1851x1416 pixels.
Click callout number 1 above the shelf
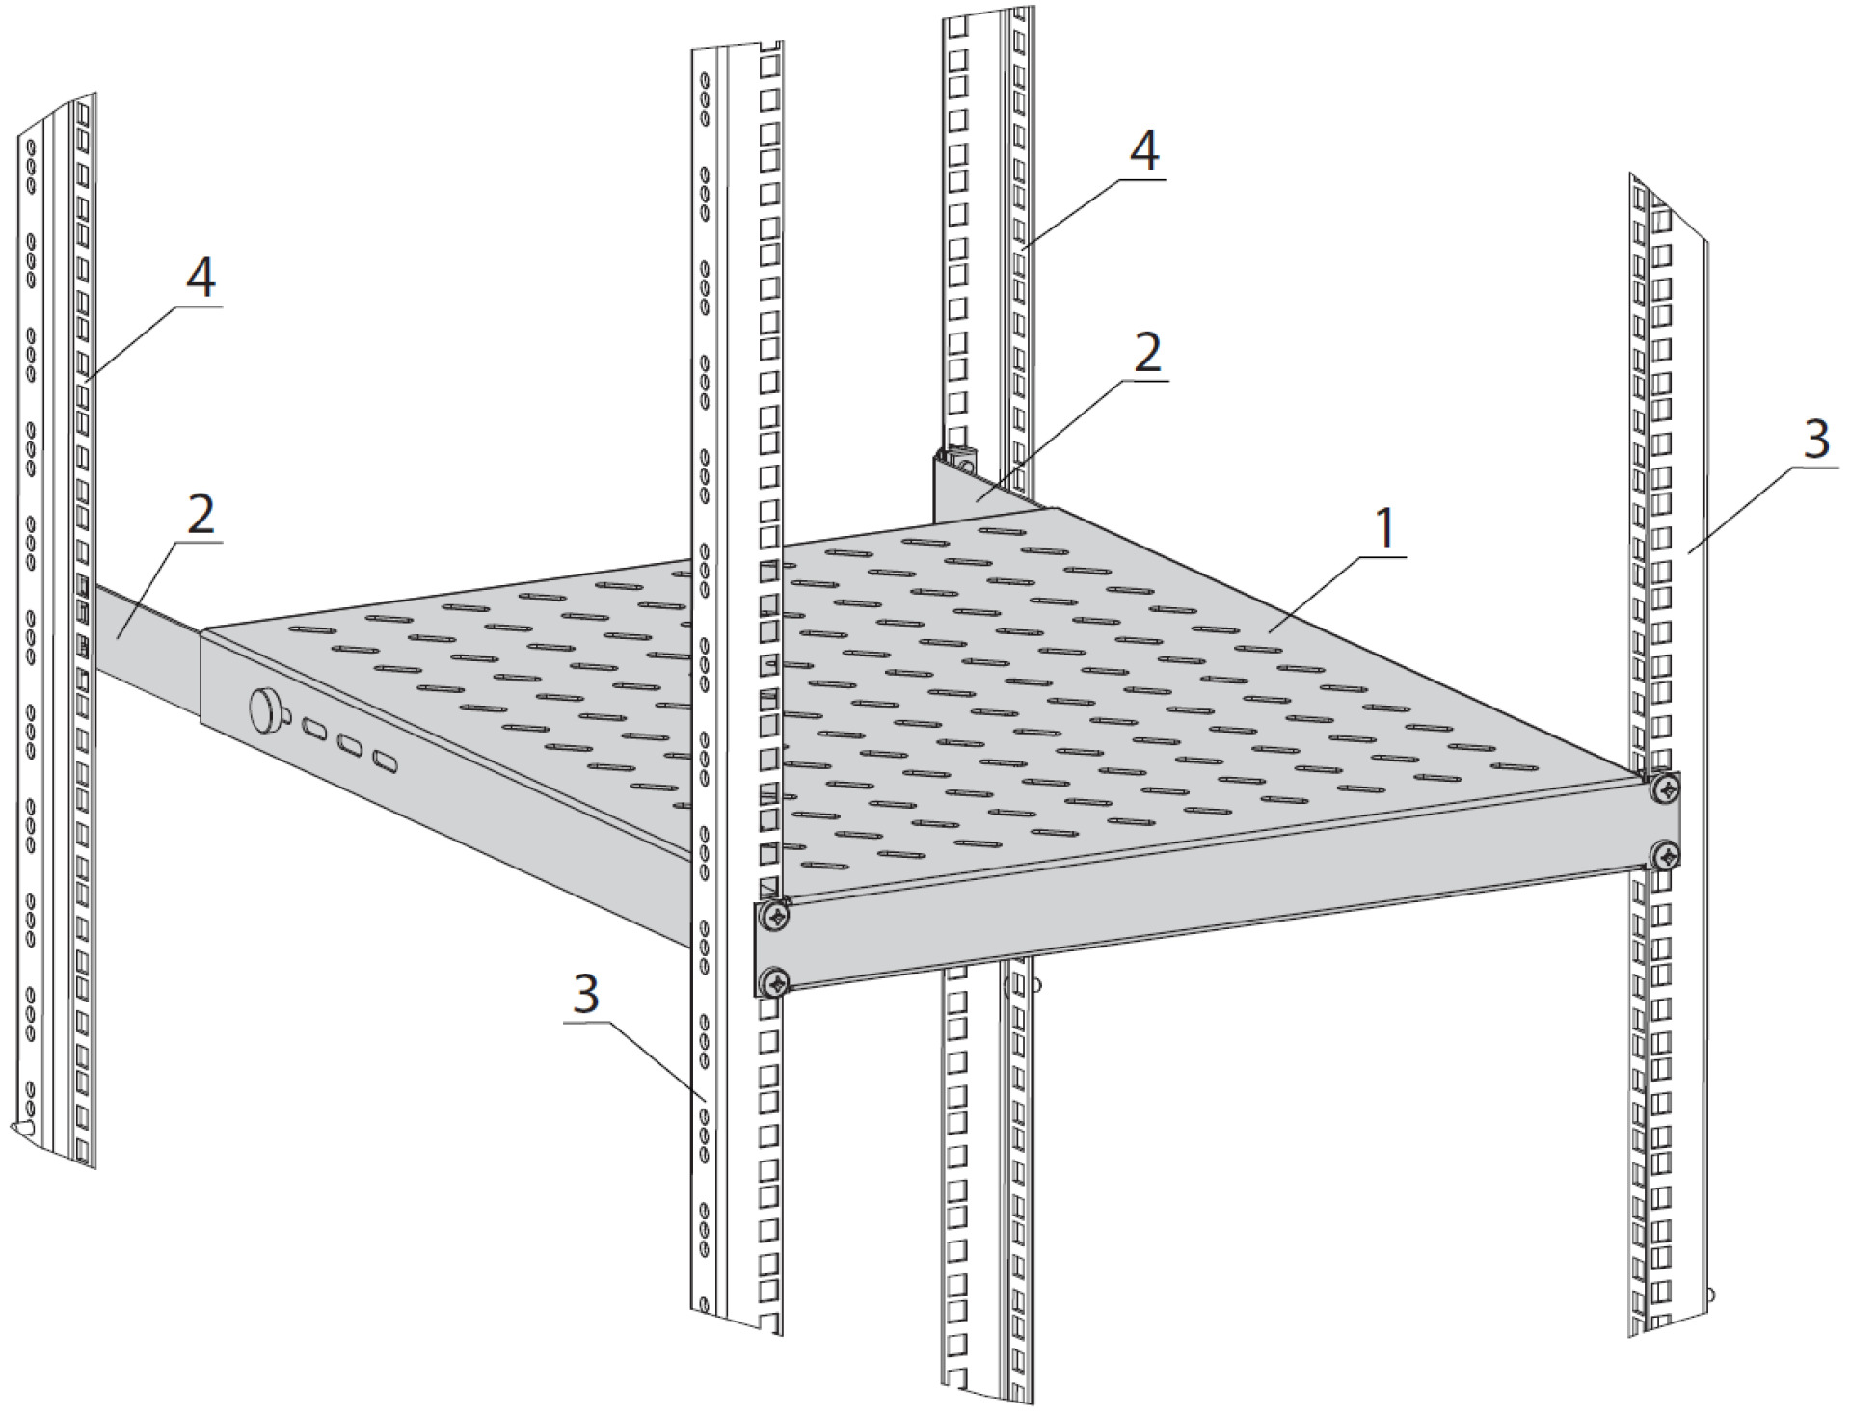coord(1384,530)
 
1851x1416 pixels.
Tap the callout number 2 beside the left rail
coord(200,517)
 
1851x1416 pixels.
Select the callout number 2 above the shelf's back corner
coord(1146,355)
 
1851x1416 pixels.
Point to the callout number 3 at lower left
coord(586,994)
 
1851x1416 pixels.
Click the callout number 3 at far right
coord(1815,440)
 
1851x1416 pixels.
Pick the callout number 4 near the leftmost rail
coord(200,279)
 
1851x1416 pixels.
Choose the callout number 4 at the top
coord(1143,152)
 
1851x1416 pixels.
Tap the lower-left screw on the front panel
coord(774,982)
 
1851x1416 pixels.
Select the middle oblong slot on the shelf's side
coord(350,745)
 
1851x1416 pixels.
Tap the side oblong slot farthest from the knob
coord(386,762)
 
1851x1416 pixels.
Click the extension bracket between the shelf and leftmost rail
coord(145,646)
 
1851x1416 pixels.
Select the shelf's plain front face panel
coord(1205,911)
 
